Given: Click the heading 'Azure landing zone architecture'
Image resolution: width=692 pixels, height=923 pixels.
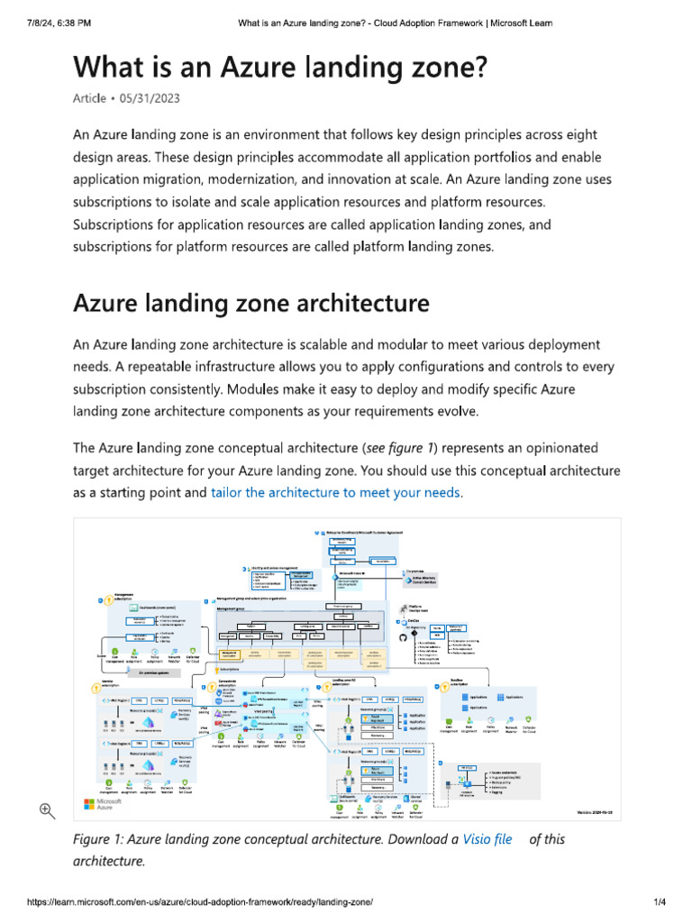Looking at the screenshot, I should coord(250,303).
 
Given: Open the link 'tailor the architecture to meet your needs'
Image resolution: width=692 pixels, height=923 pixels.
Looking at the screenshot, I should coord(335,493).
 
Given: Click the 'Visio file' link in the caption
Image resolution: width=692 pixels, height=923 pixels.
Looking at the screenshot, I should coord(487,839).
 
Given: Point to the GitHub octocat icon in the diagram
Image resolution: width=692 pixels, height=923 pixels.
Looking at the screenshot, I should coord(401,637).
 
